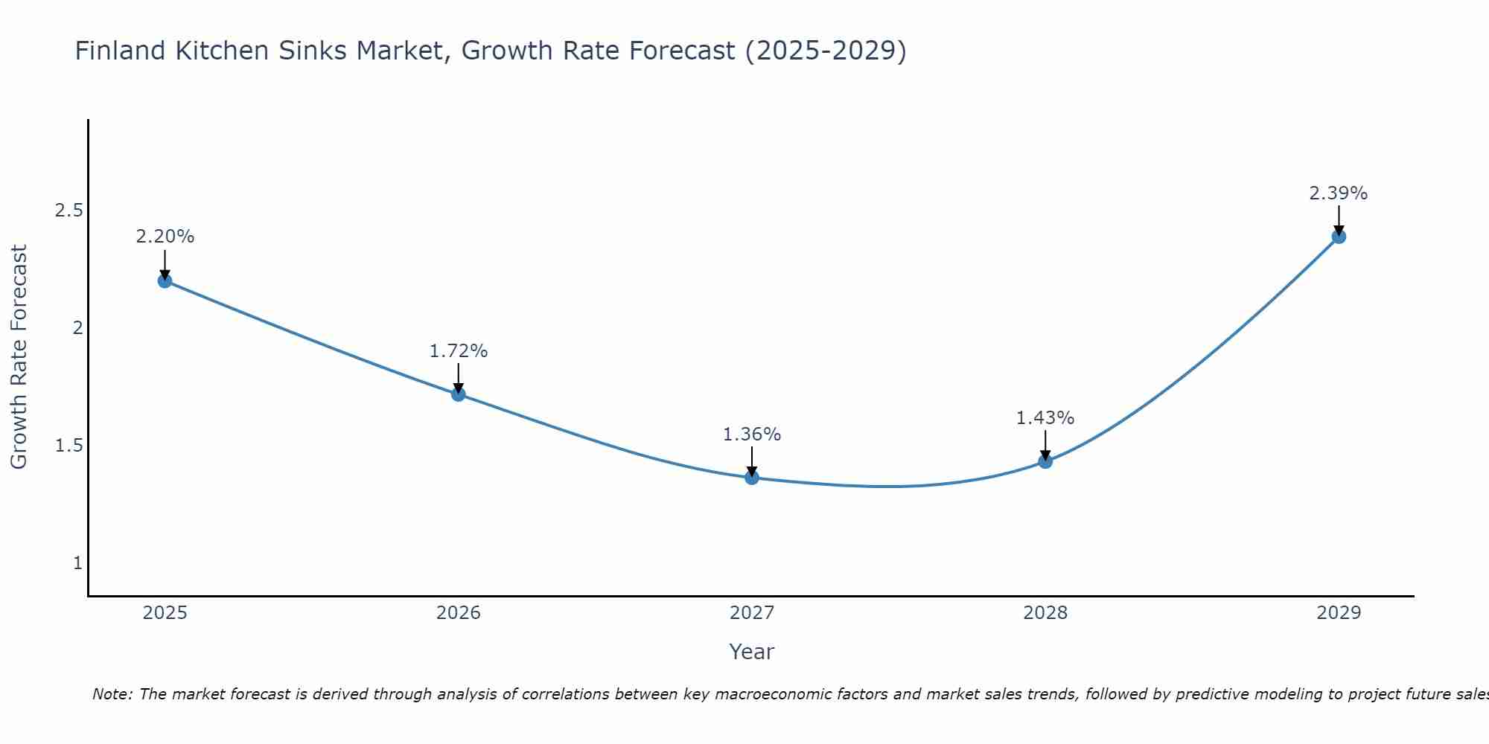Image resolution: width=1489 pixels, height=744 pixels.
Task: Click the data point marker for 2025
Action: (165, 280)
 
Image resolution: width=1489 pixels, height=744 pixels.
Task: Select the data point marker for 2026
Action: (459, 394)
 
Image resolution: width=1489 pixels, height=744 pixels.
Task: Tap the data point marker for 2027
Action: (752, 478)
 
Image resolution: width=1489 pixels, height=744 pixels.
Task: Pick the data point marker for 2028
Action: (1045, 461)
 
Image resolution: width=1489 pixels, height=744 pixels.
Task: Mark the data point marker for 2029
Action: (1339, 237)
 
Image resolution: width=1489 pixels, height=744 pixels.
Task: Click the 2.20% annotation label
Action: (165, 237)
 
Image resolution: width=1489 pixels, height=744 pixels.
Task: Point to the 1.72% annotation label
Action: (459, 350)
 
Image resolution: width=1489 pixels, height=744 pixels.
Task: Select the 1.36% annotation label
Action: (752, 434)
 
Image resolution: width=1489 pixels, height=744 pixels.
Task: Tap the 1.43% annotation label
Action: (1045, 418)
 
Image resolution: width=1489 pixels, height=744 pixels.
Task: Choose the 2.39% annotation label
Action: (1339, 193)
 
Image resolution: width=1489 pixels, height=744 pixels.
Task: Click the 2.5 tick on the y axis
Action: (68, 211)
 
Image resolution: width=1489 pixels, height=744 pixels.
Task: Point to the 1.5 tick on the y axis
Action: (68, 446)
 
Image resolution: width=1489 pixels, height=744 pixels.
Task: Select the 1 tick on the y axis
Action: (77, 563)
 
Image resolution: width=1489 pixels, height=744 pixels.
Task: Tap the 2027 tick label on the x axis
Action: (752, 613)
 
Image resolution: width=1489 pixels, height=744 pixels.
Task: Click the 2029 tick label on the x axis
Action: (1339, 613)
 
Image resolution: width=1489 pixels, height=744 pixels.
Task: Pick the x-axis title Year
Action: (752, 652)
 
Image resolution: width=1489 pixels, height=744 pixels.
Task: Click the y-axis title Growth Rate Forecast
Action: (19, 357)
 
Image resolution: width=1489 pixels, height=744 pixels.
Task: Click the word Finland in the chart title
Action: (120, 51)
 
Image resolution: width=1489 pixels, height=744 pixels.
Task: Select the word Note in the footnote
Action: (111, 694)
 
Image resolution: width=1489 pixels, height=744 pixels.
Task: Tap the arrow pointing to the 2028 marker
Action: (1045, 445)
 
